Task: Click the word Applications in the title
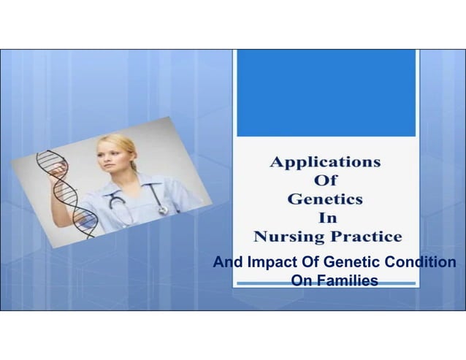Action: [325, 162]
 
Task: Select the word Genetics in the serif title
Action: [325, 199]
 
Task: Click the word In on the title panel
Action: [326, 218]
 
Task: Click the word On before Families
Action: [300, 280]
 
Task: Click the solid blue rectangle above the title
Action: [325, 92]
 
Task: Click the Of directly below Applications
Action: [325, 180]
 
